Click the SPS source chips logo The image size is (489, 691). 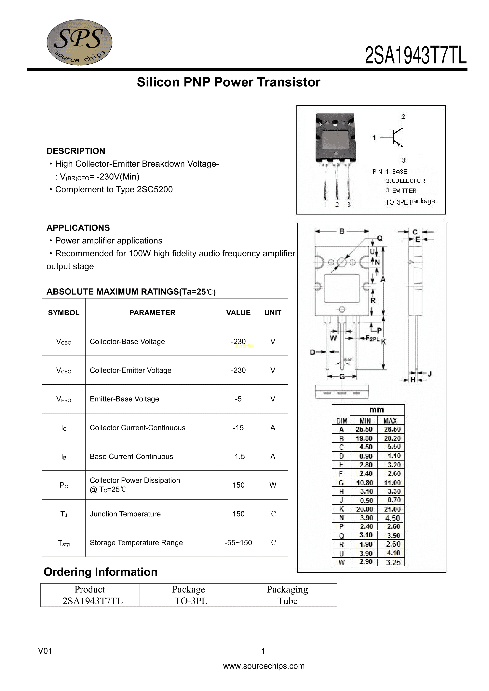pos(79,42)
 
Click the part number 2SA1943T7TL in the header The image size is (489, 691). pos(415,56)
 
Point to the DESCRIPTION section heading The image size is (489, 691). pos(75,151)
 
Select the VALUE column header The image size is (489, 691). pos(238,313)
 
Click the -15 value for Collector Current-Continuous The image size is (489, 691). pos(238,428)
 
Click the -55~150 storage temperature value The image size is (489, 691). pos(238,543)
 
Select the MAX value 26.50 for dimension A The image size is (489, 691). pos(392,429)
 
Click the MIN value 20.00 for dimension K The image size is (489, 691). pos(364,509)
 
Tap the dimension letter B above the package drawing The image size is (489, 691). pos(342,231)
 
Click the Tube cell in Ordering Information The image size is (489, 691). pos(287,601)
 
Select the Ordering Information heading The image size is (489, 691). pos(101,572)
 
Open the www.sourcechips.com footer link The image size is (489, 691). pos(264,666)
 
